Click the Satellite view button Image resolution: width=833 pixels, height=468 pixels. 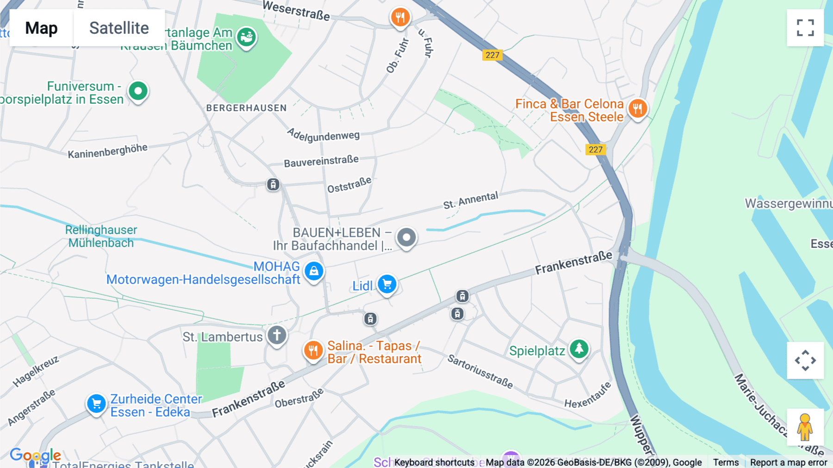(x=119, y=28)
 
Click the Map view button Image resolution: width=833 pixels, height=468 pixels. (x=41, y=28)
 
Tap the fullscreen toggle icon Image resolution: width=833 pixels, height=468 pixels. (x=805, y=28)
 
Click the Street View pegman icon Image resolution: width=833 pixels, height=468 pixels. (x=805, y=427)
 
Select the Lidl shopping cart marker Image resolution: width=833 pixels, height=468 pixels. (x=387, y=284)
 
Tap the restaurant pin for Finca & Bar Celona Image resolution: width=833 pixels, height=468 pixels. (x=638, y=109)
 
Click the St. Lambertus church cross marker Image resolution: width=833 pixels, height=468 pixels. (x=277, y=335)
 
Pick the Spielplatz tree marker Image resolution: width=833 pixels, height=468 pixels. (x=579, y=348)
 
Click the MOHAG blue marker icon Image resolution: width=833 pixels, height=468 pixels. (x=314, y=271)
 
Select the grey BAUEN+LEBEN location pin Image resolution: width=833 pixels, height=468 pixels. (x=406, y=237)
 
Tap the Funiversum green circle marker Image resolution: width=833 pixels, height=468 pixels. (x=138, y=91)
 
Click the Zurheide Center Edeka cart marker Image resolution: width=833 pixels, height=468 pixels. (x=96, y=404)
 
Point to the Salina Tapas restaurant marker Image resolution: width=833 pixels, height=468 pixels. (x=313, y=350)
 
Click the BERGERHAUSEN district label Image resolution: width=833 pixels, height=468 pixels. (x=246, y=108)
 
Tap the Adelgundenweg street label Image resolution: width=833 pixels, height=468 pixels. (x=323, y=135)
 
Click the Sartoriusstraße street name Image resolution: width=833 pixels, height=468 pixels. (x=480, y=371)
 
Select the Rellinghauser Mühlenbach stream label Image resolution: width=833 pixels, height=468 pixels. (x=101, y=236)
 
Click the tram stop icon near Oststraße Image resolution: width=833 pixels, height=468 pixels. (x=273, y=184)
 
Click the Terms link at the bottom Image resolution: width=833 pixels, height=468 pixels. (x=726, y=462)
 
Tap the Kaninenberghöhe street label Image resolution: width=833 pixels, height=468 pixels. (x=107, y=151)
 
